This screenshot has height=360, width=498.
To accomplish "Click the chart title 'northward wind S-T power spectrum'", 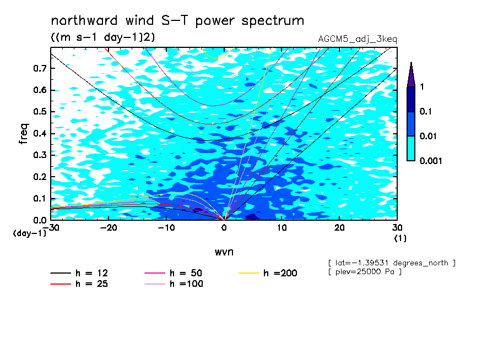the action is (177, 21).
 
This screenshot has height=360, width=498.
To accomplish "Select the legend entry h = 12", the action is (79, 273).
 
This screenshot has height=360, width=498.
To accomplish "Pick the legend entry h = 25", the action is (79, 284).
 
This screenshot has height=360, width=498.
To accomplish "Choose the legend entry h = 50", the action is (174, 273).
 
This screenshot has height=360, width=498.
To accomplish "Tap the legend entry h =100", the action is (174, 284).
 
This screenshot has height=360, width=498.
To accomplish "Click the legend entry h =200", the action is (268, 273).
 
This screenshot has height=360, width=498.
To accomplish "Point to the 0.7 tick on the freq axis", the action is (40, 68).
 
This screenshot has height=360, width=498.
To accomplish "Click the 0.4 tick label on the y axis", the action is (40, 133).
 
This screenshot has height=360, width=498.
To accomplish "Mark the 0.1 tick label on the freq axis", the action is (40, 198).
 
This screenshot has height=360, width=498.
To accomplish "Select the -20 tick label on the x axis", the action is (109, 228).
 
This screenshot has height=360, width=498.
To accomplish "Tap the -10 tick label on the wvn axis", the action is (166, 228).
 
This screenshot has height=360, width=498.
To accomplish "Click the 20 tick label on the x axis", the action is (339, 228).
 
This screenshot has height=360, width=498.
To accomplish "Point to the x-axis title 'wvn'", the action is (224, 252).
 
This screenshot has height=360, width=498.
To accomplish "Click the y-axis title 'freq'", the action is (24, 134).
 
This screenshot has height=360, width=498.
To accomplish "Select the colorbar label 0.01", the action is (428, 136).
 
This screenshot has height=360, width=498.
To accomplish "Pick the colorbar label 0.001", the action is (431, 161).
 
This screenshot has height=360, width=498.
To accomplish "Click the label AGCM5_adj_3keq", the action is (358, 40).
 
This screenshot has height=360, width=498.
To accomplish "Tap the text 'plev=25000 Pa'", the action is (365, 272).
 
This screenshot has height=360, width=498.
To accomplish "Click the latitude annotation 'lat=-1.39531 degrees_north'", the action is (392, 263).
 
